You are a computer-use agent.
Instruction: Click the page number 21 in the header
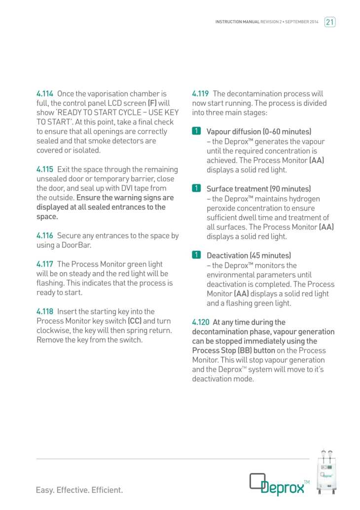tap(330, 22)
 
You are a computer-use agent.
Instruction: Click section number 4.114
tap(45, 94)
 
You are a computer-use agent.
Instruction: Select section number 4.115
tap(45, 170)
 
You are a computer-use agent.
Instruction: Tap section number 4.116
tap(45, 236)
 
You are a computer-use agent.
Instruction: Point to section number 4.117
tap(45, 265)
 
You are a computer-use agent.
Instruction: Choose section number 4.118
tap(45, 311)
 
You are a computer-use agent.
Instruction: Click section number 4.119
tap(201, 94)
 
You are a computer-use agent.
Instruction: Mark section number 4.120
tap(201, 322)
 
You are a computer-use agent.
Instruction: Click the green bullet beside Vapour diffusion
tap(196, 132)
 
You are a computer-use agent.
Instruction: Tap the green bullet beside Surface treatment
tap(196, 189)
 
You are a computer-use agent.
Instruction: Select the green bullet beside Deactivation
tap(196, 255)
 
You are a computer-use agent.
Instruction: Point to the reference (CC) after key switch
tap(135, 321)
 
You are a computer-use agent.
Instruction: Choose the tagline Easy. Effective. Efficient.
tap(79, 490)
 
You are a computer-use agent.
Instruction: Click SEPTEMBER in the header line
tap(299, 22)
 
